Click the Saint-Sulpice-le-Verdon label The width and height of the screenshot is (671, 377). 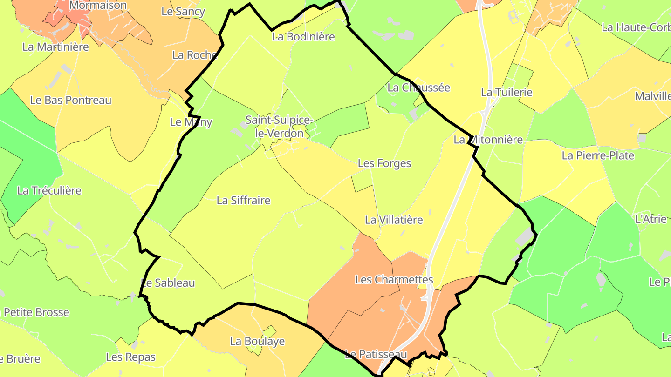(279, 127)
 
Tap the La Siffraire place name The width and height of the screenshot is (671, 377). (243, 201)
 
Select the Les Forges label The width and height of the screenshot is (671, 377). (384, 163)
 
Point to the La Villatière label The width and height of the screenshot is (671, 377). (394, 220)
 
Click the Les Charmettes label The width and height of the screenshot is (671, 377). (394, 280)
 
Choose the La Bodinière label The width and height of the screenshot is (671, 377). (303, 37)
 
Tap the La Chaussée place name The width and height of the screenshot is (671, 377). (418, 88)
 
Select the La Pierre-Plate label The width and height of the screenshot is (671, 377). (598, 155)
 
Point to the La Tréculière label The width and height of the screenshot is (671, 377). (49, 190)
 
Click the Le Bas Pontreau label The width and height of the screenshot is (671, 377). (71, 100)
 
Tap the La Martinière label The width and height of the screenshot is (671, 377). (55, 47)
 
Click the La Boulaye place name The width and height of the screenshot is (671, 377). (257, 341)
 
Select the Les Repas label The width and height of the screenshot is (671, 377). (130, 357)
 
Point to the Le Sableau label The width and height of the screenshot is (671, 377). (168, 283)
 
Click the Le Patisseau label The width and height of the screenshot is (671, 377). (376, 355)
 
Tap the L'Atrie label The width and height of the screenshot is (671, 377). (651, 219)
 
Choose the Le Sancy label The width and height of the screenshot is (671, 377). (183, 12)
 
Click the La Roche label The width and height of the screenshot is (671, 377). (195, 55)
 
